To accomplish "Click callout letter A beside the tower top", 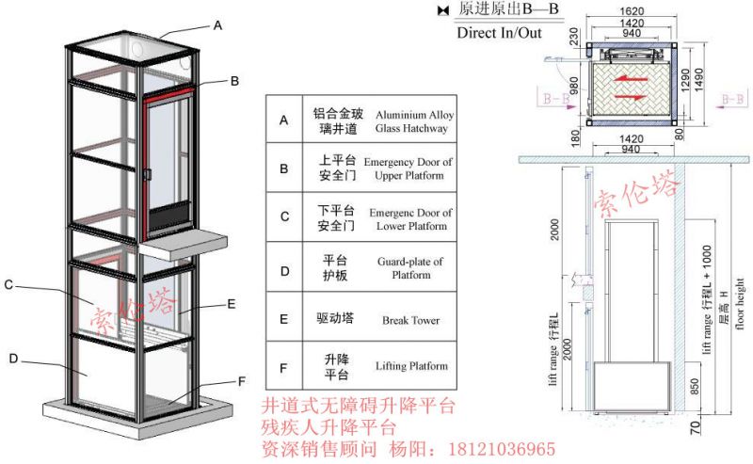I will tap(217, 26).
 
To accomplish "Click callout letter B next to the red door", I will tap(234, 82).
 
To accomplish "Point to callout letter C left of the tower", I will tap(8, 284).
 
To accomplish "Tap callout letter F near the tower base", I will tap(242, 381).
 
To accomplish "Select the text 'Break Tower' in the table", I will tap(410, 320).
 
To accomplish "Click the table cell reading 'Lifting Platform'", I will tap(410, 366).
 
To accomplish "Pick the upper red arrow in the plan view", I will tap(630, 80).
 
